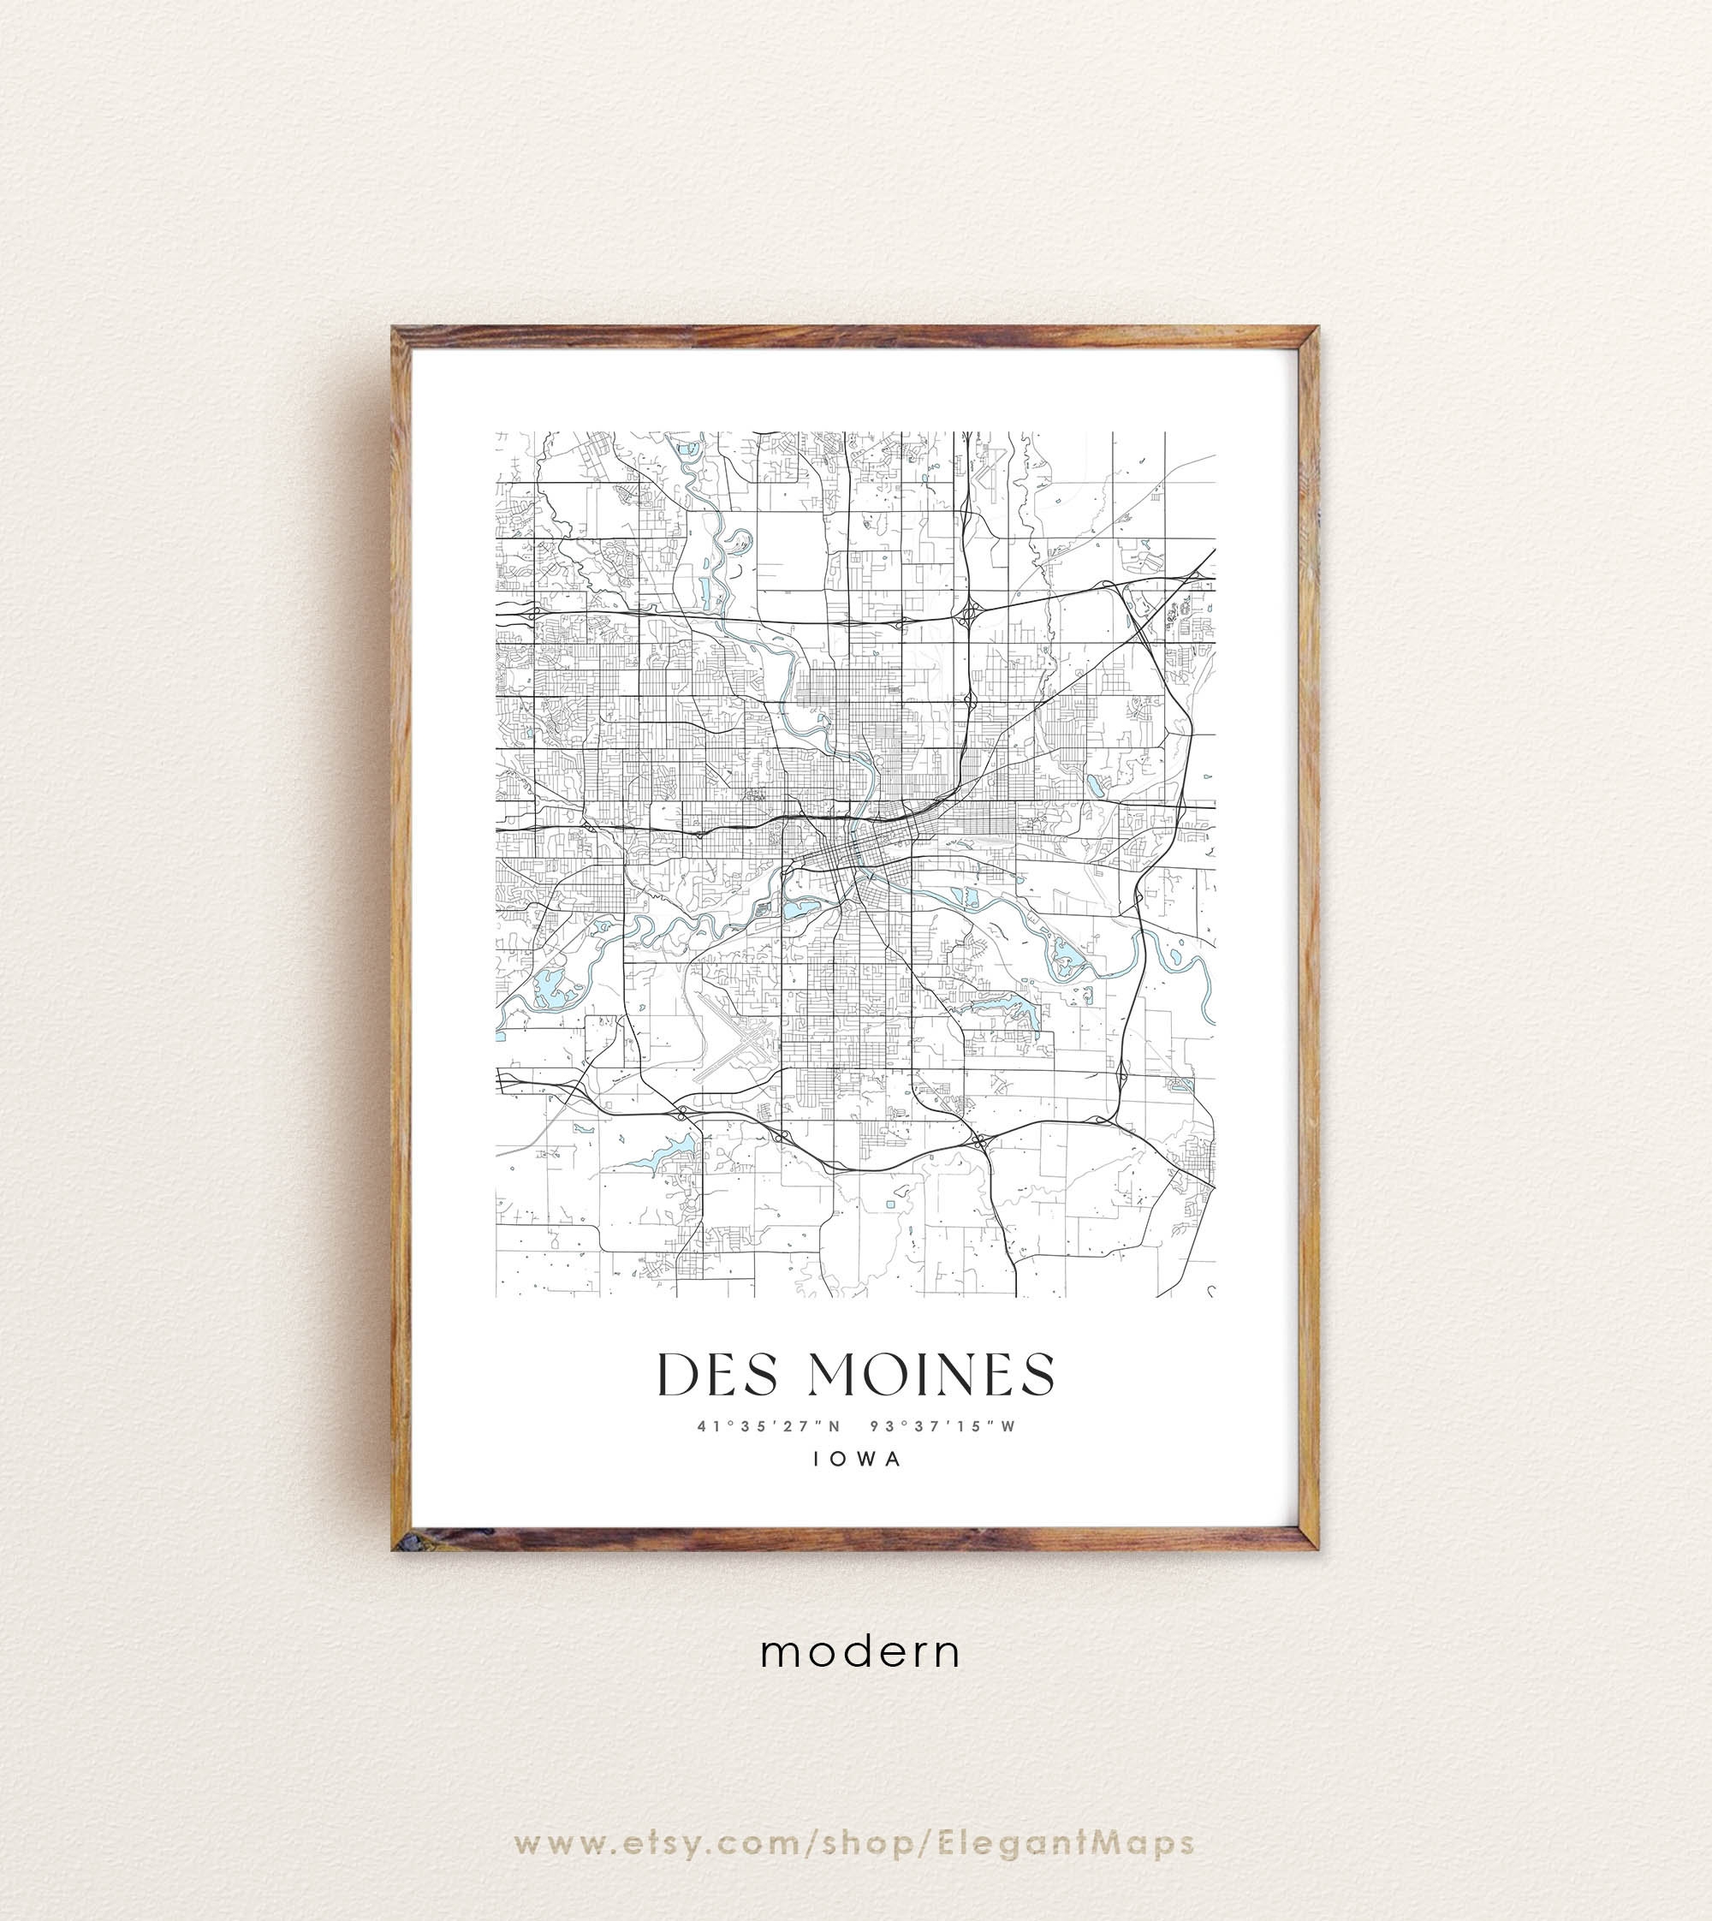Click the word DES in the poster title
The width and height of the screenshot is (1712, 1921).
[x=717, y=1376]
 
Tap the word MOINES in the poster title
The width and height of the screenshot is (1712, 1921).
[x=931, y=1376]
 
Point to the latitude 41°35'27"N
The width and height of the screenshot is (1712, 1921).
[x=769, y=1426]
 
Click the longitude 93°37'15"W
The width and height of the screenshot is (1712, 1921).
[x=943, y=1426]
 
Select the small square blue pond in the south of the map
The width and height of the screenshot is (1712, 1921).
[x=890, y=1204]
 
